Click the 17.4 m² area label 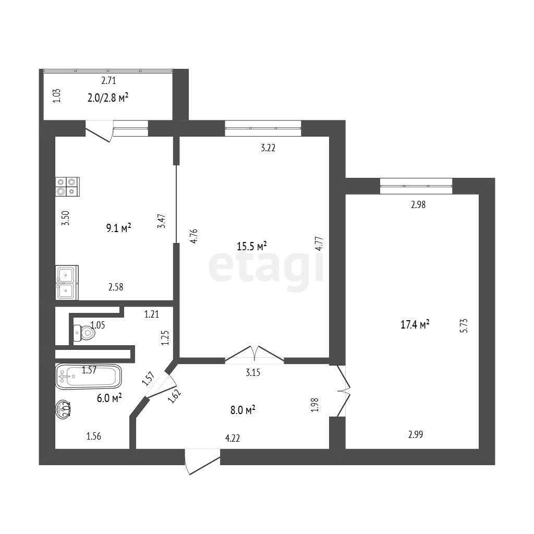click(415, 324)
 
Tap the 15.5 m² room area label click(251, 246)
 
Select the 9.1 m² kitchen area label click(118, 228)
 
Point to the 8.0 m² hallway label click(243, 410)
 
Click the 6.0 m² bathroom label click(110, 398)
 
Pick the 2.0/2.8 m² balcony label click(108, 98)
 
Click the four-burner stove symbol click(67, 187)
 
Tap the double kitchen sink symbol click(67, 283)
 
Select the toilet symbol click(84, 333)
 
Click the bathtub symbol click(89, 376)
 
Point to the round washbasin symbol click(63, 409)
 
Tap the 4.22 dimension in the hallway click(233, 438)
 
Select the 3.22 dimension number click(268, 148)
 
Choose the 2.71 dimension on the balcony click(108, 81)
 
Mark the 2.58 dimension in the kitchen click(116, 287)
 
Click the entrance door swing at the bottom click(202, 462)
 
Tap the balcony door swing click(99, 131)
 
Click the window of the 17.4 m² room click(416, 186)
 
